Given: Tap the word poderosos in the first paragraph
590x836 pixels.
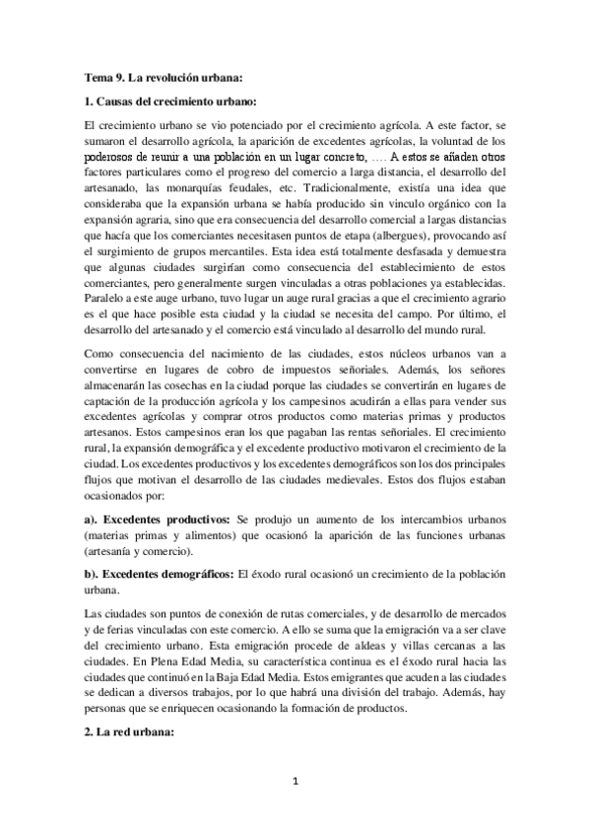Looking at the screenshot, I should [x=114, y=157].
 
